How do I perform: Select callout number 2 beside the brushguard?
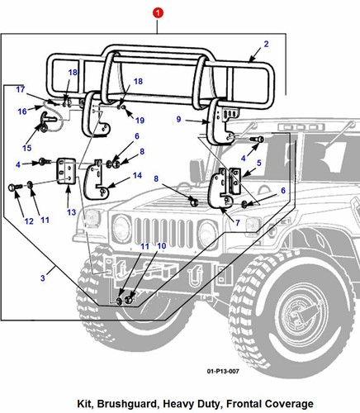coord(266,45)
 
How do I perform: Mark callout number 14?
coord(138,176)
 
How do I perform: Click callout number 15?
coord(27,148)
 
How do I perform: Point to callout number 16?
coord(22,111)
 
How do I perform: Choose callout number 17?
coord(21,89)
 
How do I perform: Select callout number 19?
coord(140,121)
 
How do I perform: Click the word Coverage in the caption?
coord(285,403)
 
